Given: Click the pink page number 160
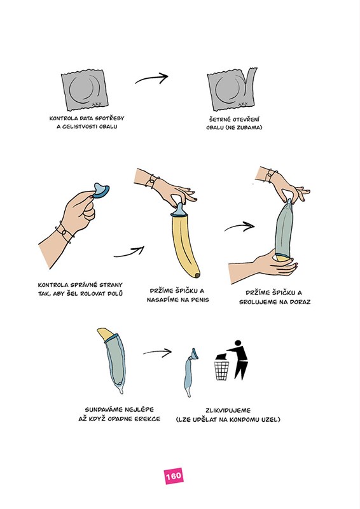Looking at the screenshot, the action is point(174,476).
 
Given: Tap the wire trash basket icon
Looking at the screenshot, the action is point(222,370).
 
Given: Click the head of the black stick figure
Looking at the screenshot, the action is point(238,344).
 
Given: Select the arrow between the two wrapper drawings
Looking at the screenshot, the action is point(151,78).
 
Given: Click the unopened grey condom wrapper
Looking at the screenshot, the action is point(84,90).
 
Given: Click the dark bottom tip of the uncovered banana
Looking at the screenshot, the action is point(197,275).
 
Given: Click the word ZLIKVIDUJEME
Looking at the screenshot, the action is point(228,410).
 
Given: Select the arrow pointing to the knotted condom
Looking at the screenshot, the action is point(157,352).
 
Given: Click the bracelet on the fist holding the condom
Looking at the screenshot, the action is point(65,231).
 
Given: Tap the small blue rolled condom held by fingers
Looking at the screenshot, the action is point(100,191).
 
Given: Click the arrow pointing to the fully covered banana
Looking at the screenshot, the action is point(239,227).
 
